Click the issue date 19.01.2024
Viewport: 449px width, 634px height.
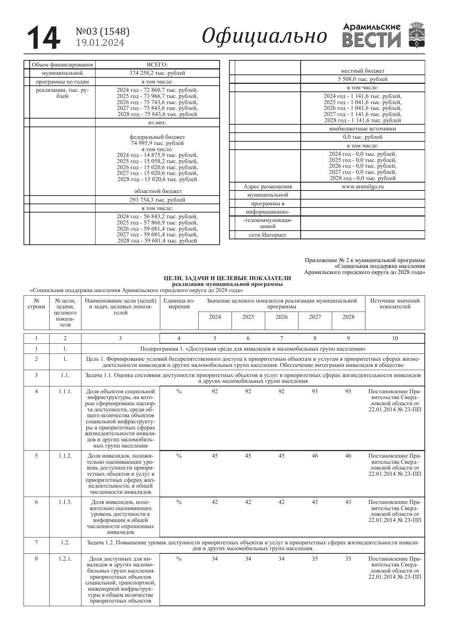point(100,43)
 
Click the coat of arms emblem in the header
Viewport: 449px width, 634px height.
point(417,35)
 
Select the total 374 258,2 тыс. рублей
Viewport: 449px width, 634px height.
point(157,73)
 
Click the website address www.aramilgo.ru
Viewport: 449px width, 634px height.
point(363,187)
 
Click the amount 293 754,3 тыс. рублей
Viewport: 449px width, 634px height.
point(157,200)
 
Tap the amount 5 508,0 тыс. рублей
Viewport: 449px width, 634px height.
point(363,79)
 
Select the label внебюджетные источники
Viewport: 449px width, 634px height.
point(363,129)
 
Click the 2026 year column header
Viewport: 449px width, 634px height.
point(281,317)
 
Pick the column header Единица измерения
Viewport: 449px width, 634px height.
point(179,304)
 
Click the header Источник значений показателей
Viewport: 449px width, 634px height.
point(395,304)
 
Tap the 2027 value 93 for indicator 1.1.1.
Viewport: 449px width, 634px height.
point(315,391)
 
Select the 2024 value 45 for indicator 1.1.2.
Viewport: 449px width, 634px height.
point(215,456)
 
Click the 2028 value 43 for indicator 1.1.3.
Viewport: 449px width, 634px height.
point(348,502)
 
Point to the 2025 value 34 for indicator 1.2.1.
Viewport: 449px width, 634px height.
point(248,559)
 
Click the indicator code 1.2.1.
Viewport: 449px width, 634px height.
point(65,559)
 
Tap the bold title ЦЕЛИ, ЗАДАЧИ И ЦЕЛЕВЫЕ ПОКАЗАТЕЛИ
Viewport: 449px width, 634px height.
point(227,278)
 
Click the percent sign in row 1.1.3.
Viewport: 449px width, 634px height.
point(179,502)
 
